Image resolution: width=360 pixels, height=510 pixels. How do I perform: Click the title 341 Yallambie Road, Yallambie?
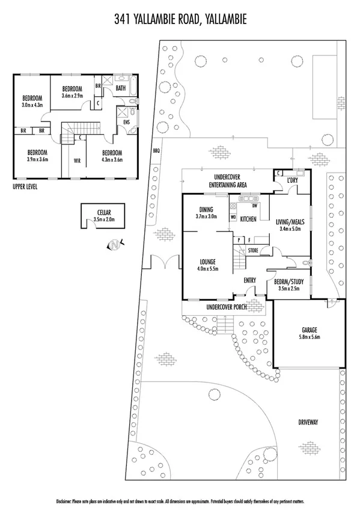pos(180,21)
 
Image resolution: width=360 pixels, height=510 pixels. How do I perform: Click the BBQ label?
pos(157,150)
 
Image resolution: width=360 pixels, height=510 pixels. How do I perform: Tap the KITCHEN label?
pos(248,220)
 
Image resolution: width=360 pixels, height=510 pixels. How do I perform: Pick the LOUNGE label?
pos(207,262)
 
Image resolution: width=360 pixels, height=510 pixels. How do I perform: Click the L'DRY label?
pos(293,180)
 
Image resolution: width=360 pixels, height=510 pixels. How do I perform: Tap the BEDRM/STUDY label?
pos(291,281)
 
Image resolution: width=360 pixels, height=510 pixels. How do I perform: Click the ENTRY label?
pos(250,280)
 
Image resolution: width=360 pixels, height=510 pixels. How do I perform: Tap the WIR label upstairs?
pos(77,161)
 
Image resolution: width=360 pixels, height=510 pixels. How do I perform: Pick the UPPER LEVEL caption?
pos(25,187)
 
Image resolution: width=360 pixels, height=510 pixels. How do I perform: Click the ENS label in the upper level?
pos(126,122)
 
